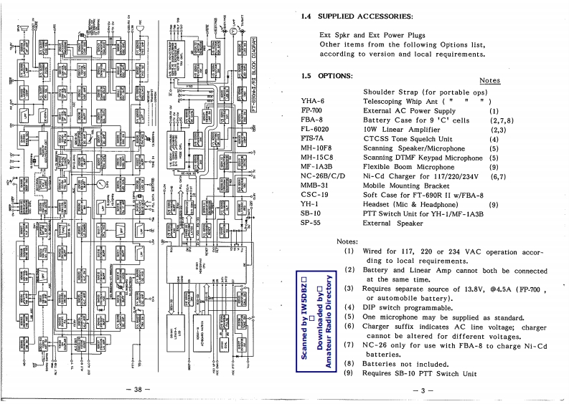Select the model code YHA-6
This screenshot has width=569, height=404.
(x=312, y=102)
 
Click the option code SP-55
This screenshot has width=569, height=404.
(x=311, y=223)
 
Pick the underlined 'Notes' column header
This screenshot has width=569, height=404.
(x=489, y=81)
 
